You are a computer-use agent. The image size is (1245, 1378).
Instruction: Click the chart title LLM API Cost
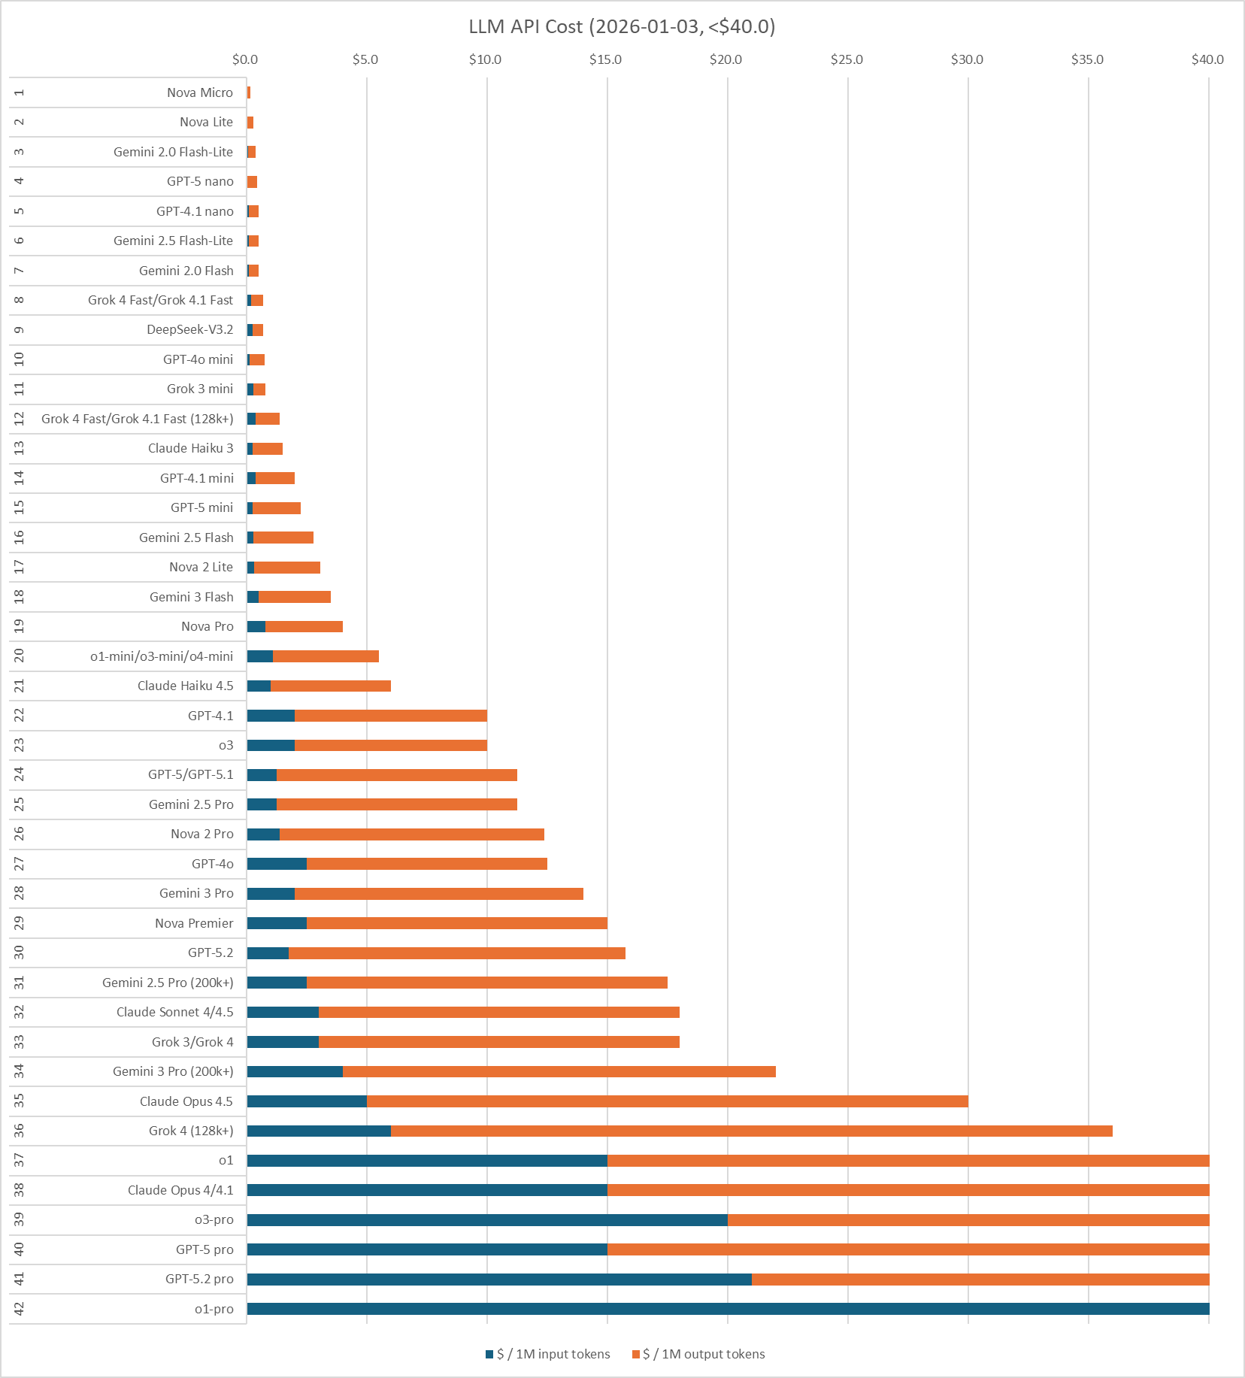tap(622, 27)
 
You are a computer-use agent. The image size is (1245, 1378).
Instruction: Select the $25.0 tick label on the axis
tap(847, 59)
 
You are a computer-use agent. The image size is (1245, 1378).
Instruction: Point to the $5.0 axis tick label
tap(365, 59)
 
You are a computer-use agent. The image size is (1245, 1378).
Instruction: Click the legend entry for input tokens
tap(548, 1354)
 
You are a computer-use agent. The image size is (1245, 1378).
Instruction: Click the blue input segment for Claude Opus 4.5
tap(307, 1101)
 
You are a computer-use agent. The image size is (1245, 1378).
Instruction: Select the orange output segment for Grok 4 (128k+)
tap(752, 1131)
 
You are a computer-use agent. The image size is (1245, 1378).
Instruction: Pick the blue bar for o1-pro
tap(728, 1309)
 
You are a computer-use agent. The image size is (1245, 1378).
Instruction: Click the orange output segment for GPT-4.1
tap(391, 716)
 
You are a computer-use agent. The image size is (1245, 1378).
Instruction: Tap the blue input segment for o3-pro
tap(487, 1220)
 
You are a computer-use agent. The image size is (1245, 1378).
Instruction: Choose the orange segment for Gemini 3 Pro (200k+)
tap(559, 1071)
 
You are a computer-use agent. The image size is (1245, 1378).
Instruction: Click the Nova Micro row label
tap(200, 92)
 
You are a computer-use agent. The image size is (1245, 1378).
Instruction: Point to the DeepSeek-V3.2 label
tap(190, 329)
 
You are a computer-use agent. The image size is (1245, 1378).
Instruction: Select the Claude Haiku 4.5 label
tap(186, 686)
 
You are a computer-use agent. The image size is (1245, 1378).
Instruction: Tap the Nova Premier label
tap(194, 923)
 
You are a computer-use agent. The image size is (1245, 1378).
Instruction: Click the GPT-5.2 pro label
tap(199, 1279)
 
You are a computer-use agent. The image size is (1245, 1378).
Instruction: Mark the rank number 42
tap(19, 1309)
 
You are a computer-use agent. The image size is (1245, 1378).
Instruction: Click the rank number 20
tap(19, 656)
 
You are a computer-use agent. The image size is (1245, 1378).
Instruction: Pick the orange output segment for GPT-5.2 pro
tap(980, 1280)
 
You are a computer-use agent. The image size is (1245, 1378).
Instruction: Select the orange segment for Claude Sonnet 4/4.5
tap(499, 1012)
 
